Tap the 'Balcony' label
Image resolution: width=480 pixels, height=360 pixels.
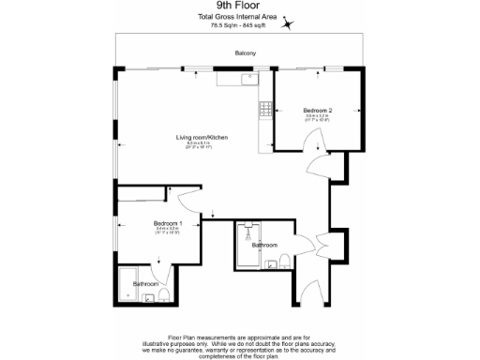247,53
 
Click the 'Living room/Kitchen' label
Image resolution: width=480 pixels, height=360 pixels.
202,138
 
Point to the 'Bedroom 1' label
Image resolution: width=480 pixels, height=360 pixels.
168,222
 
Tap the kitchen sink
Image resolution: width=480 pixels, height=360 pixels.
247,80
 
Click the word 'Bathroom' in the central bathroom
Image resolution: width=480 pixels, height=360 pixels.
265,246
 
